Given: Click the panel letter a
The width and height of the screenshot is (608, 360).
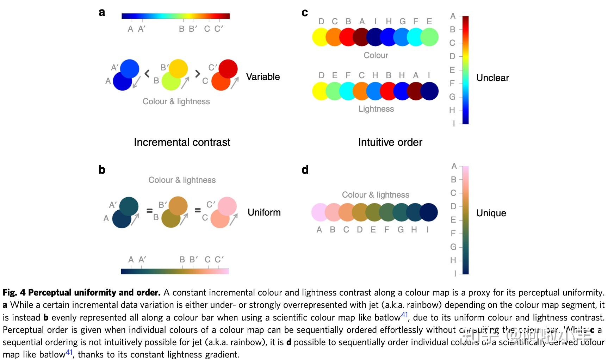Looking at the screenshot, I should point(102,12).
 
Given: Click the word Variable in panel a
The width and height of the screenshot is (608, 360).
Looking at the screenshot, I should point(263,77).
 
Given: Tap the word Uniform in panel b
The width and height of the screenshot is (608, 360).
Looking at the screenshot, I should point(264,212).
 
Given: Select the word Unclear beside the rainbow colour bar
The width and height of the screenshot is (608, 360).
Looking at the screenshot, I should point(492,78).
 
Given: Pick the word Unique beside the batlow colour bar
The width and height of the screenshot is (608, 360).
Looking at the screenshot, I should point(491,213).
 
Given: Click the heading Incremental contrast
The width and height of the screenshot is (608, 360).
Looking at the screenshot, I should point(182,142).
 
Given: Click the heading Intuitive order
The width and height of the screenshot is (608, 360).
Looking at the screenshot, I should point(390,142).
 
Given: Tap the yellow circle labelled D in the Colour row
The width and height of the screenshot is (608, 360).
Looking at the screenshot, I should point(321,37).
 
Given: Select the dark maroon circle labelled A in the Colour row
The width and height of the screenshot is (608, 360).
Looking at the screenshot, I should point(361,37).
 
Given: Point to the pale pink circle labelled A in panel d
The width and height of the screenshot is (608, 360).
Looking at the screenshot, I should point(320,212).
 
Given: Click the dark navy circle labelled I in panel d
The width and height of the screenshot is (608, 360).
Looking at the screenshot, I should point(429,212).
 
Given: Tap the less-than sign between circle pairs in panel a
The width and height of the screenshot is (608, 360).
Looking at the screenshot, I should point(147,74).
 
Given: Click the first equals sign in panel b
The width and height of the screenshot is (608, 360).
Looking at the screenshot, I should point(149,211).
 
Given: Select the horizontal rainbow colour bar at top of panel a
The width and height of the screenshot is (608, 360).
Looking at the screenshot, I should point(175,16).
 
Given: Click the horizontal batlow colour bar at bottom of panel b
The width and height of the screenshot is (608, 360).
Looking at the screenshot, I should point(175,271).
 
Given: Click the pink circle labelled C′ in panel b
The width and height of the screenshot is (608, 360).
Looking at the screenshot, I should point(227,206).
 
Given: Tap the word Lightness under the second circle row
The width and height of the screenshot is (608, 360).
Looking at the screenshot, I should point(376,109).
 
